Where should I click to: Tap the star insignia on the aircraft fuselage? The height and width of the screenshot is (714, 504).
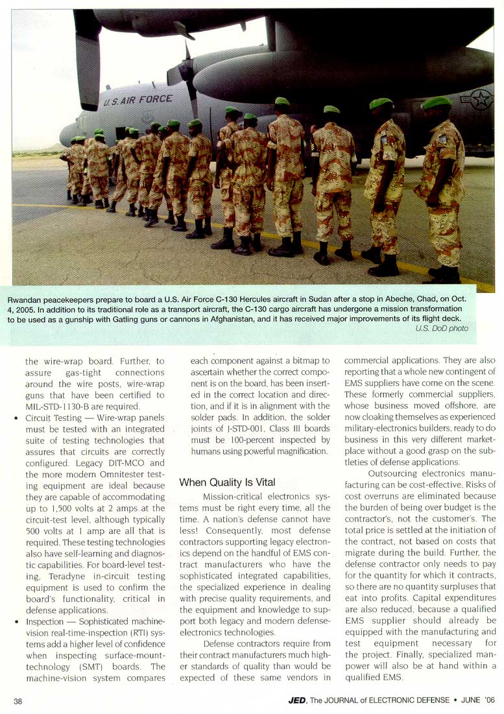[481, 99]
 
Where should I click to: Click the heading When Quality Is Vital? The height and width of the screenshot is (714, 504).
[227, 482]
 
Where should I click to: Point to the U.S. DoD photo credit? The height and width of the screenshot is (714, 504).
[442, 329]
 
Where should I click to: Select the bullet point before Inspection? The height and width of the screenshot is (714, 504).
[16, 623]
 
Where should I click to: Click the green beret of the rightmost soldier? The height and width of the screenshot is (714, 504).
[437, 102]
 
